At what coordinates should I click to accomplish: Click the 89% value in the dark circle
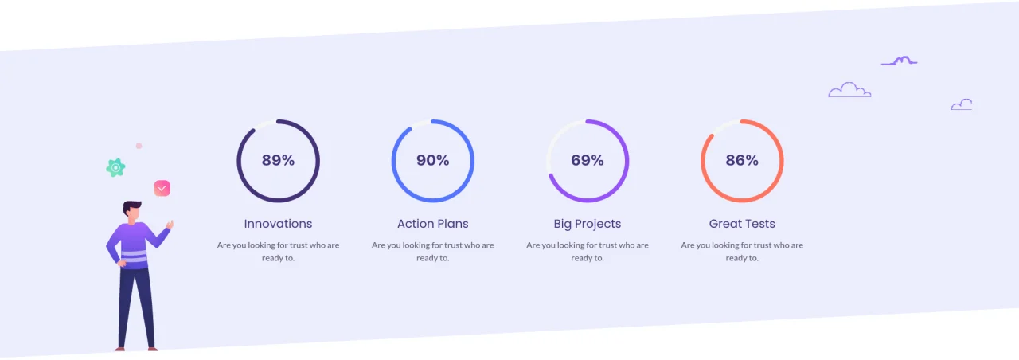[x=278, y=160]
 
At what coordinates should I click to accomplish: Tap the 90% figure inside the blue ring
[x=432, y=160]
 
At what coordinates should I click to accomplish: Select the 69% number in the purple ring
[x=588, y=160]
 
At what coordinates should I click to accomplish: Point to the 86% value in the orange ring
[x=742, y=160]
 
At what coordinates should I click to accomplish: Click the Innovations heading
[x=278, y=224]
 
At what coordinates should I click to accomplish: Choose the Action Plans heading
[x=432, y=224]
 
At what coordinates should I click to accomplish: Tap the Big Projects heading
[x=588, y=224]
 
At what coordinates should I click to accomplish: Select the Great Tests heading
[x=742, y=224]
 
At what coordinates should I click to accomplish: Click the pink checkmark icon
[x=162, y=188]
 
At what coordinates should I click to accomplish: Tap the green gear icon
[x=115, y=168]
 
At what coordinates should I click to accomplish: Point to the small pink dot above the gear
[x=139, y=146]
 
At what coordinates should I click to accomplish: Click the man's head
[x=132, y=211]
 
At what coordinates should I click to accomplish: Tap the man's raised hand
[x=170, y=224]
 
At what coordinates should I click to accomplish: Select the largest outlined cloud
[x=849, y=90]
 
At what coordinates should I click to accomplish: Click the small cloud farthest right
[x=961, y=105]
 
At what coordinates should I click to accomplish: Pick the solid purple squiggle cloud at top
[x=900, y=61]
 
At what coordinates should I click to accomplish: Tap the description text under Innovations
[x=278, y=251]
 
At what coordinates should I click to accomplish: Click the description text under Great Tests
[x=742, y=251]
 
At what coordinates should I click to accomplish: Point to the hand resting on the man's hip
[x=122, y=263]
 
